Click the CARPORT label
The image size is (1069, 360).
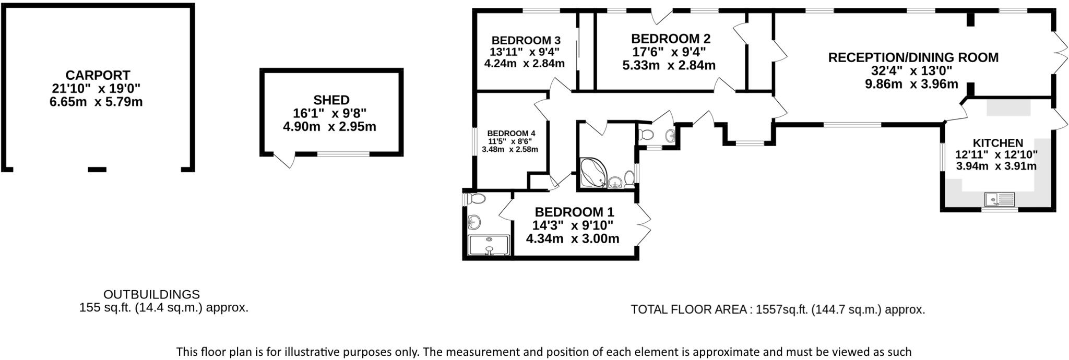[98, 75]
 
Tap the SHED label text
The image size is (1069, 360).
[331, 100]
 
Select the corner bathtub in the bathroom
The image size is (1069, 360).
[592, 174]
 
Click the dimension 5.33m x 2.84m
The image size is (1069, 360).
[669, 66]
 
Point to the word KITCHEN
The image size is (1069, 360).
[997, 143]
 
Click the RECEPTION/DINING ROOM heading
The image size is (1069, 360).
[913, 57]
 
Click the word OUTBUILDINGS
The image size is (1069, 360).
[151, 294]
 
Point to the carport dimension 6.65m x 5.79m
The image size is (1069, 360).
[96, 102]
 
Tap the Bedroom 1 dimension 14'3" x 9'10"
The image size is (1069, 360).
[573, 225]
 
